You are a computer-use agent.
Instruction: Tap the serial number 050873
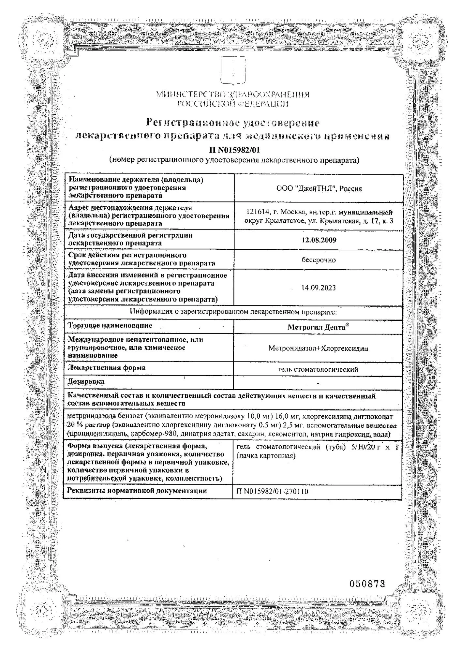(367, 583)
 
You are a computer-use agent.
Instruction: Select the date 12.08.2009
(319, 240)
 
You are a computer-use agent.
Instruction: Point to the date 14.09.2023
(319, 288)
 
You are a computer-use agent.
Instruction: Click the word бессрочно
(319, 260)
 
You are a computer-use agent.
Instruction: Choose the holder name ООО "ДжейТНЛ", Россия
(319, 189)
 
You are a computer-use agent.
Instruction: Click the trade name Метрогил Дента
(318, 327)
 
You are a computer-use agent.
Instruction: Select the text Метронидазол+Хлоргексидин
(318, 348)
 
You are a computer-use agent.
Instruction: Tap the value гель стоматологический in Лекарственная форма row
(318, 369)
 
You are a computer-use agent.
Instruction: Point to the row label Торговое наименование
(110, 325)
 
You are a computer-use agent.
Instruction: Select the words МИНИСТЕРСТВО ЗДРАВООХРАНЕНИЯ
(232, 95)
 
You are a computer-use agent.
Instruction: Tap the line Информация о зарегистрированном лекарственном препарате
(233, 312)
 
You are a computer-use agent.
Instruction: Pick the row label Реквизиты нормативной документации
(137, 491)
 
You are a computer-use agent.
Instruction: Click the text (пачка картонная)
(266, 455)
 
